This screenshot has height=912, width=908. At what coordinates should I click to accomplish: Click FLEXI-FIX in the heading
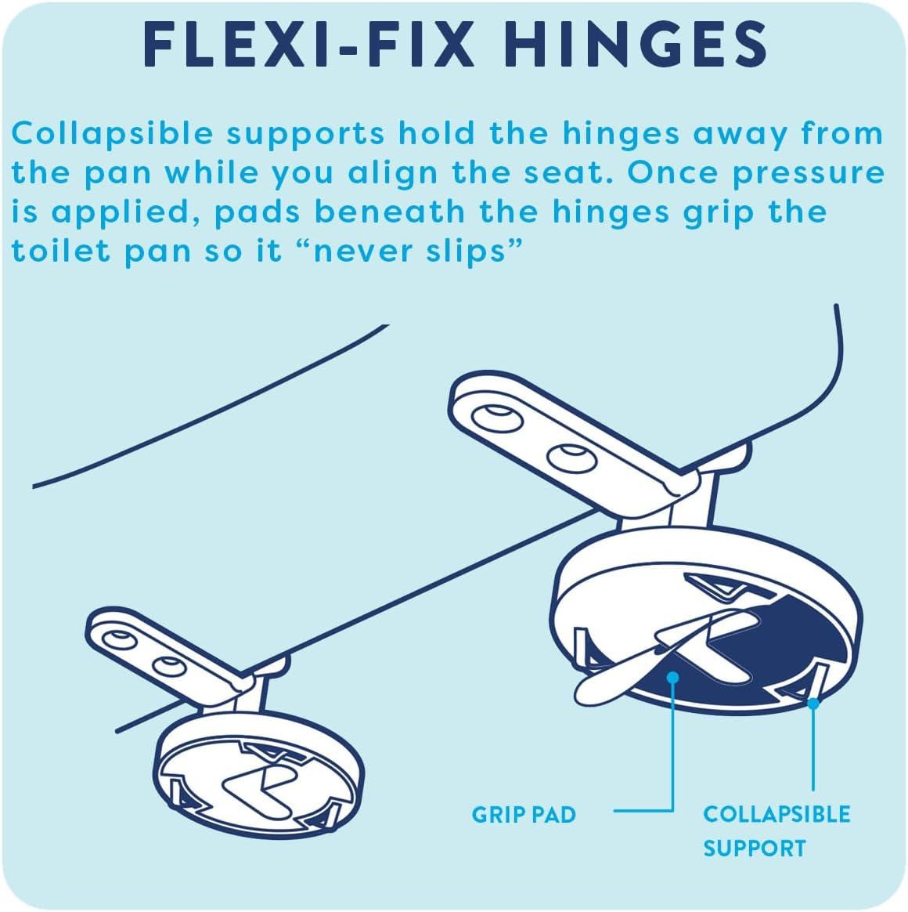coord(309,45)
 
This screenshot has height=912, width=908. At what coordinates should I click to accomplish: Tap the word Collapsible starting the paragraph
coord(112,134)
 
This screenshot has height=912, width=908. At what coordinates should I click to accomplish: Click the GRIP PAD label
coord(523,815)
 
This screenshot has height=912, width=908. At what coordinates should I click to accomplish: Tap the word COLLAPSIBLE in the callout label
coord(776,814)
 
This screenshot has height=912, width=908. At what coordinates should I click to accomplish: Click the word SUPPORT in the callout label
coord(754,849)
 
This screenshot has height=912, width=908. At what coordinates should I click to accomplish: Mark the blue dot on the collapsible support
coord(813,703)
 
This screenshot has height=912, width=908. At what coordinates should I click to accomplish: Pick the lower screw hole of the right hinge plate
coord(569,458)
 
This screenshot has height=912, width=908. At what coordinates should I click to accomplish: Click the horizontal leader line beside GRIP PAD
coord(642,811)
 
